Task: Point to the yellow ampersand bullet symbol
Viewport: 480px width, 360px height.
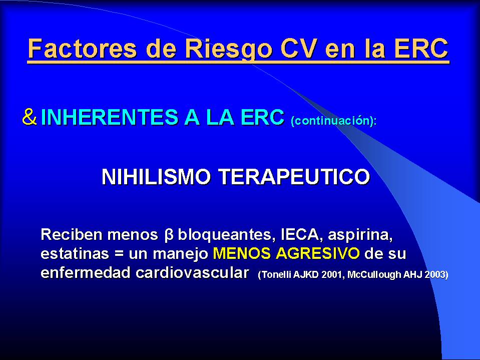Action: coord(30,117)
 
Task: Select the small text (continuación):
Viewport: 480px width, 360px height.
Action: coord(334,120)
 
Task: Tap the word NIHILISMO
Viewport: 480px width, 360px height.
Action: coord(156,177)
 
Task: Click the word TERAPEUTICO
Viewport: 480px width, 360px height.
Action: coord(294,177)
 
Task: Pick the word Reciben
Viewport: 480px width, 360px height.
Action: coord(72,234)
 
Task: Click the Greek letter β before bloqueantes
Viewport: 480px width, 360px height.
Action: coord(169,235)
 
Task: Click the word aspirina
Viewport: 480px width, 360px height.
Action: coord(360,235)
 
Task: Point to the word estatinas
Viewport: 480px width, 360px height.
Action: coord(75,254)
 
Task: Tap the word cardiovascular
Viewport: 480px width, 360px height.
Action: coord(192,273)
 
